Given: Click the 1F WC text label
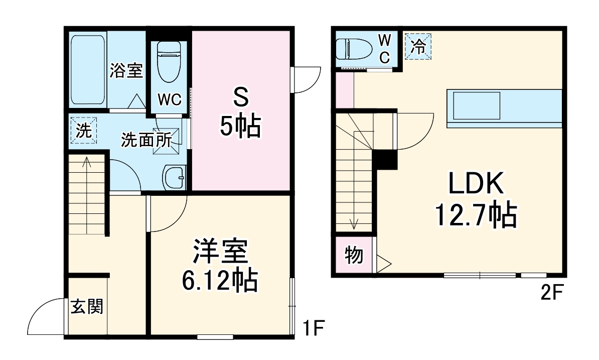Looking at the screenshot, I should (170, 99).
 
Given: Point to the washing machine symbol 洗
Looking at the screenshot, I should (83, 131).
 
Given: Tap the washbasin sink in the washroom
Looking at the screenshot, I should (175, 178).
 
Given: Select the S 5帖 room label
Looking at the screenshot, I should (240, 113).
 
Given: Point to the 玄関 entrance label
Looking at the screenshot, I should (87, 306).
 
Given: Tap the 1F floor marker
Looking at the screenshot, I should (314, 329).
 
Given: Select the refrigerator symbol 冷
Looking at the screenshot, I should (418, 47).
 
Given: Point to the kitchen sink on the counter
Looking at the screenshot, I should (477, 105).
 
